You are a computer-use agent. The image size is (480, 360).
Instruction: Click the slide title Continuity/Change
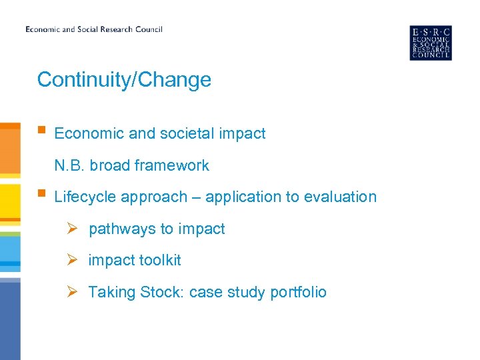click(124, 80)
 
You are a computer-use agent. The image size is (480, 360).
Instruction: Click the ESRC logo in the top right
click(430, 43)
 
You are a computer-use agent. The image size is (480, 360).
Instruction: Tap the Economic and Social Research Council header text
click(93, 29)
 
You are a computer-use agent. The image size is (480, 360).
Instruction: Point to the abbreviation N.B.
click(69, 165)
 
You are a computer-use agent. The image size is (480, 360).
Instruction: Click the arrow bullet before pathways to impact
click(75, 229)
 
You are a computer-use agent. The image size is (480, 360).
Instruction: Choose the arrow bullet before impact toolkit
click(75, 261)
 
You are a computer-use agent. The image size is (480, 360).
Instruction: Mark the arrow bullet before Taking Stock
click(75, 292)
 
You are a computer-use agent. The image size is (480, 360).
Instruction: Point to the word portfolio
click(298, 293)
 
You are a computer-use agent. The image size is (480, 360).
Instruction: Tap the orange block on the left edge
click(10, 150)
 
